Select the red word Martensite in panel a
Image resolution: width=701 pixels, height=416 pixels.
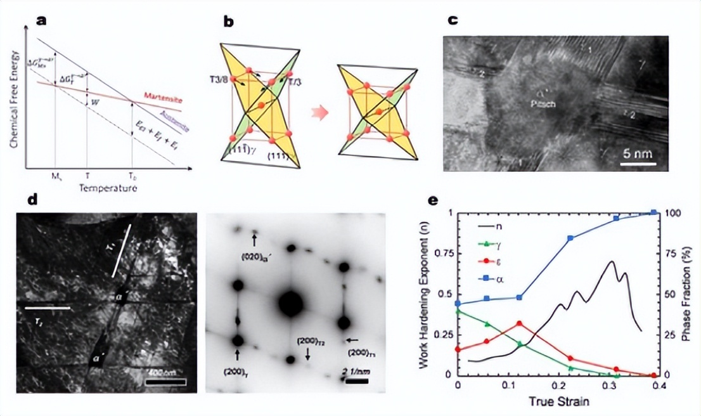click(160, 96)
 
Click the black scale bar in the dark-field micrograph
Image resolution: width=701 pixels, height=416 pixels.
click(165, 382)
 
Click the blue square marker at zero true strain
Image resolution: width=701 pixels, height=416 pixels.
click(458, 303)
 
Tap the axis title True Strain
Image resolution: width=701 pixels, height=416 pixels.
click(558, 401)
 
